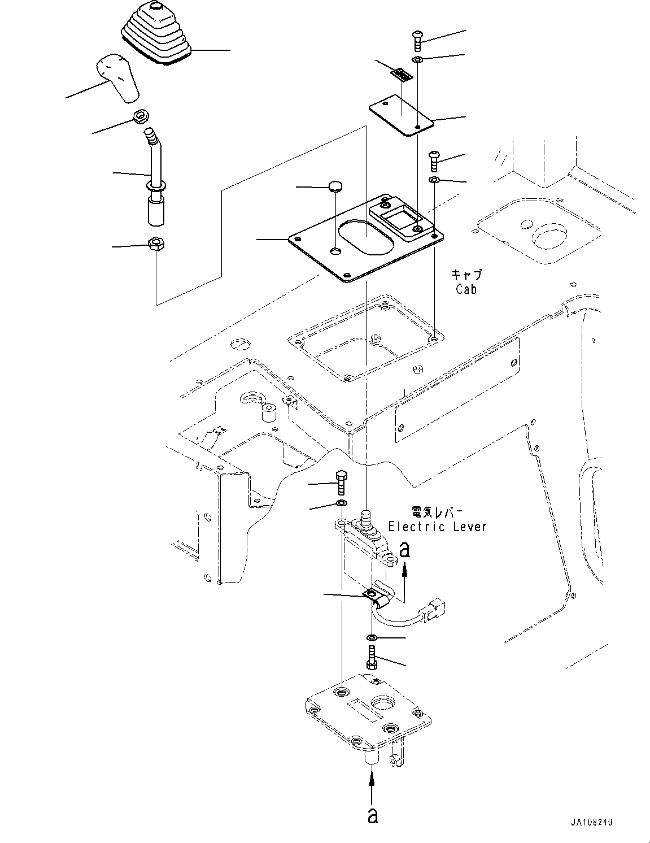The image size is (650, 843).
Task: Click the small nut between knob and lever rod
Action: tap(140, 118)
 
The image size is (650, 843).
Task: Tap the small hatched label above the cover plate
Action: tap(402, 74)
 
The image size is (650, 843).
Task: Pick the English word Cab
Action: tap(466, 289)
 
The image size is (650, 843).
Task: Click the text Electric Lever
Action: tap(437, 526)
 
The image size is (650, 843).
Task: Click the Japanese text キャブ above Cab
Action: tap(466, 275)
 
